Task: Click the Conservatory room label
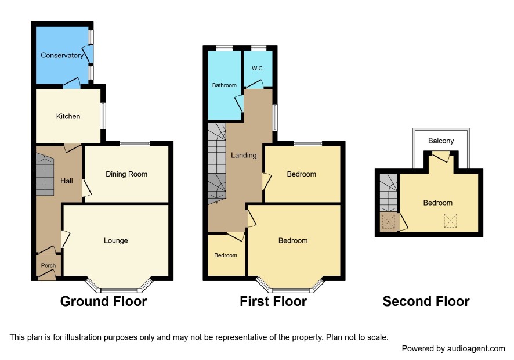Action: [x=62, y=56]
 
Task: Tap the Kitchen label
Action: [x=68, y=116]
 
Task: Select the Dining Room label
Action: [x=126, y=174]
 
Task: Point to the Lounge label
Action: [x=115, y=240]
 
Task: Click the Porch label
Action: [x=48, y=265]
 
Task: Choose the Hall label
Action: [x=67, y=181]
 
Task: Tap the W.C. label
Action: [x=258, y=69]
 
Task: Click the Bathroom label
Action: [x=224, y=85]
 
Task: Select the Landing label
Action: [x=244, y=155]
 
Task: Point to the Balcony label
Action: [x=441, y=141]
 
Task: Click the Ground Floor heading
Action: [x=104, y=301]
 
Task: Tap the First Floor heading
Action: [x=273, y=301]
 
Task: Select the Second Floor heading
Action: [x=426, y=301]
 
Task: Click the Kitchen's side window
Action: [x=103, y=116]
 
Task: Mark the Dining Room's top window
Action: [x=135, y=143]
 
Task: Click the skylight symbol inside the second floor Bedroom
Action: [x=450, y=220]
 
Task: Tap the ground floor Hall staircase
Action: [x=45, y=175]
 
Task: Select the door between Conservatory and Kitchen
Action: [x=72, y=84]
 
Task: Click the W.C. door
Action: [x=255, y=84]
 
